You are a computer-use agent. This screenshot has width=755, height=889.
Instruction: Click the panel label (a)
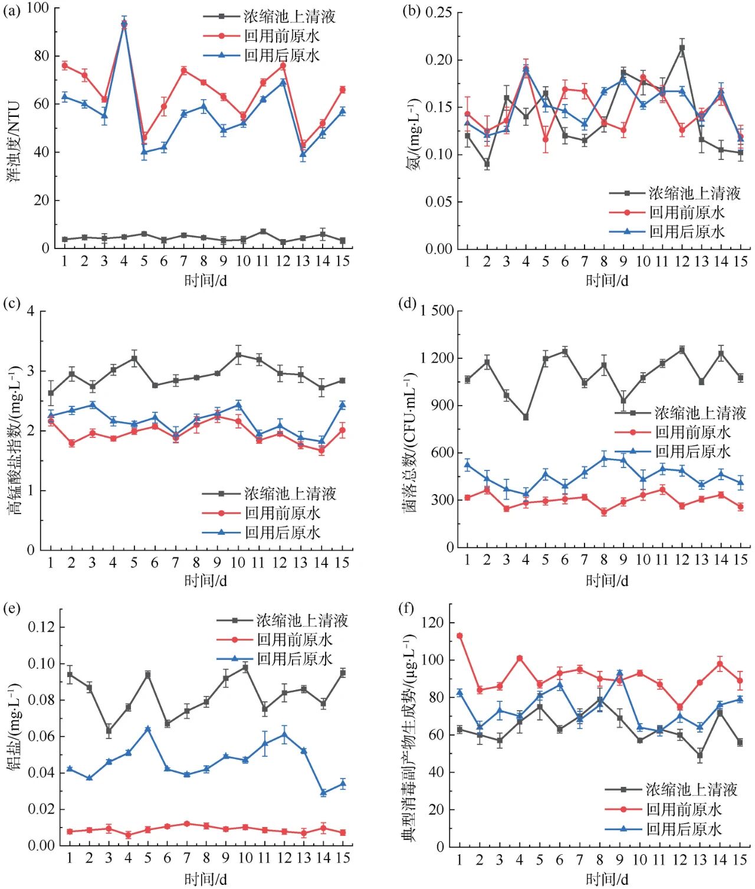point(12,9)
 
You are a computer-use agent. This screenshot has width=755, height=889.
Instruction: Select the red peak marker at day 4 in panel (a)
point(124,24)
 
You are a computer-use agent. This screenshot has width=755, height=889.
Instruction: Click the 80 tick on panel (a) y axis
point(42,55)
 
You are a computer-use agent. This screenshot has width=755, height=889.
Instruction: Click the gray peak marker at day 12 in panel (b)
point(682,48)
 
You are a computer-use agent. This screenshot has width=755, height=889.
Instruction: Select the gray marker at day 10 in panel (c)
point(238,355)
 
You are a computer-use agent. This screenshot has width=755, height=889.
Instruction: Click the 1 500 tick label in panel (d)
point(437,311)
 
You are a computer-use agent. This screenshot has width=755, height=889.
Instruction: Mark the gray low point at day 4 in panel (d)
point(526,417)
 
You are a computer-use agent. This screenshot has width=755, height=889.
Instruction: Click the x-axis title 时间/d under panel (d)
point(606,580)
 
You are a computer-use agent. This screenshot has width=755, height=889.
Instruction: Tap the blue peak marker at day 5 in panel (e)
point(147,729)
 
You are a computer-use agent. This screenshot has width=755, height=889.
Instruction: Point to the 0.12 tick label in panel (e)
point(43,627)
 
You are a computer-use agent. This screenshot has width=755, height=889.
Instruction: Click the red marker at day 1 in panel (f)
point(459,636)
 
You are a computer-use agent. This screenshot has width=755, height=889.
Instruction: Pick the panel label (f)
point(407,608)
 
